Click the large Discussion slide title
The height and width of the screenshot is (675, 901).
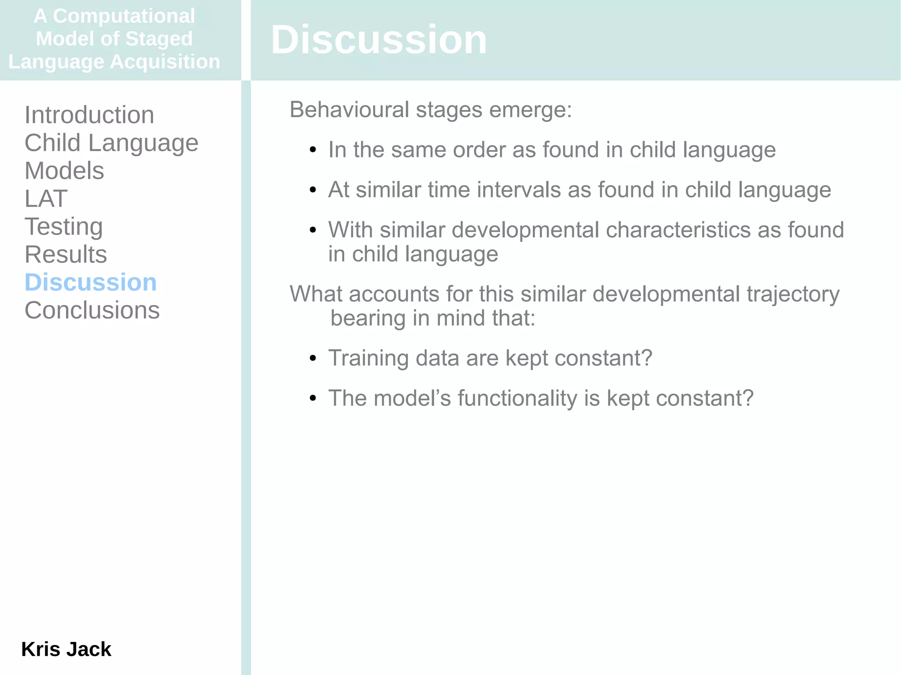[x=379, y=40]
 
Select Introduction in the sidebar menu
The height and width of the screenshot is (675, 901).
[x=89, y=115]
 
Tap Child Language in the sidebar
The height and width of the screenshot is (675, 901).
[x=111, y=143]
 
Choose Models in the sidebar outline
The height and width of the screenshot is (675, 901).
[x=64, y=171]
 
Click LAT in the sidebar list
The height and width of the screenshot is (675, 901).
[x=46, y=199]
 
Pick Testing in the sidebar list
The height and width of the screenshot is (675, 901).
[x=64, y=227]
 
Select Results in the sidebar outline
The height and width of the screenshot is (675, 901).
[x=66, y=255]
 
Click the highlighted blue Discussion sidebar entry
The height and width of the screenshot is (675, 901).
[x=91, y=282]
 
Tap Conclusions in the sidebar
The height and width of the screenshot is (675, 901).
[x=92, y=310]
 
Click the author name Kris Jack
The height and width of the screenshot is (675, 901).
[x=66, y=649]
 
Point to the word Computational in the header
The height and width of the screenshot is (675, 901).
[x=124, y=16]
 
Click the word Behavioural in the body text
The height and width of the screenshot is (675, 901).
[x=349, y=109]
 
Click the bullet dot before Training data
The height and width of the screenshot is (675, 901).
[x=313, y=358]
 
